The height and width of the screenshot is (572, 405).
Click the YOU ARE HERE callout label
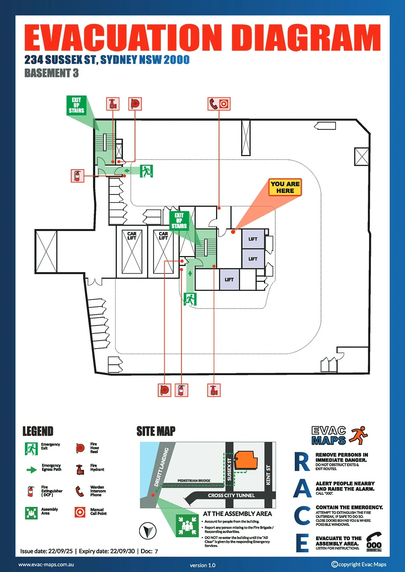coord(285,187)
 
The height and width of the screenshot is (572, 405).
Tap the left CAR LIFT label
coord(132,235)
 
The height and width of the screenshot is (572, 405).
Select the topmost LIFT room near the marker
coord(253,239)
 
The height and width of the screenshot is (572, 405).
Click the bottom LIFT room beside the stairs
coord(229,279)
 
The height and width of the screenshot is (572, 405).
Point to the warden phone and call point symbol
coord(219,104)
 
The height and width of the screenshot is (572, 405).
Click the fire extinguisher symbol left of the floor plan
coord(77,176)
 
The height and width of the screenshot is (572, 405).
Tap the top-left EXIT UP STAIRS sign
coord(76,105)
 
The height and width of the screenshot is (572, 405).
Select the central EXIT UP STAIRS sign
coord(179,220)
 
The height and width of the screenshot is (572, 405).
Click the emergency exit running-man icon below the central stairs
coord(190,299)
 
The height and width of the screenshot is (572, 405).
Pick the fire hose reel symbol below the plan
coord(164,390)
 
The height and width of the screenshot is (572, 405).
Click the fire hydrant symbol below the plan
coord(214,390)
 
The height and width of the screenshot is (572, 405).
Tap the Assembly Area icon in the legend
coord(31,512)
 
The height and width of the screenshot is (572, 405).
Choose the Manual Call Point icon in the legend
coord(80,512)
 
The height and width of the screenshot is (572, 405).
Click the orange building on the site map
coord(246,460)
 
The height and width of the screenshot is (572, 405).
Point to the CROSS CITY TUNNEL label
coord(231,495)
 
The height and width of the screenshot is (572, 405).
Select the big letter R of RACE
coord(302,462)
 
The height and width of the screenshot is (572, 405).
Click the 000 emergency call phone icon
coord(374,542)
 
